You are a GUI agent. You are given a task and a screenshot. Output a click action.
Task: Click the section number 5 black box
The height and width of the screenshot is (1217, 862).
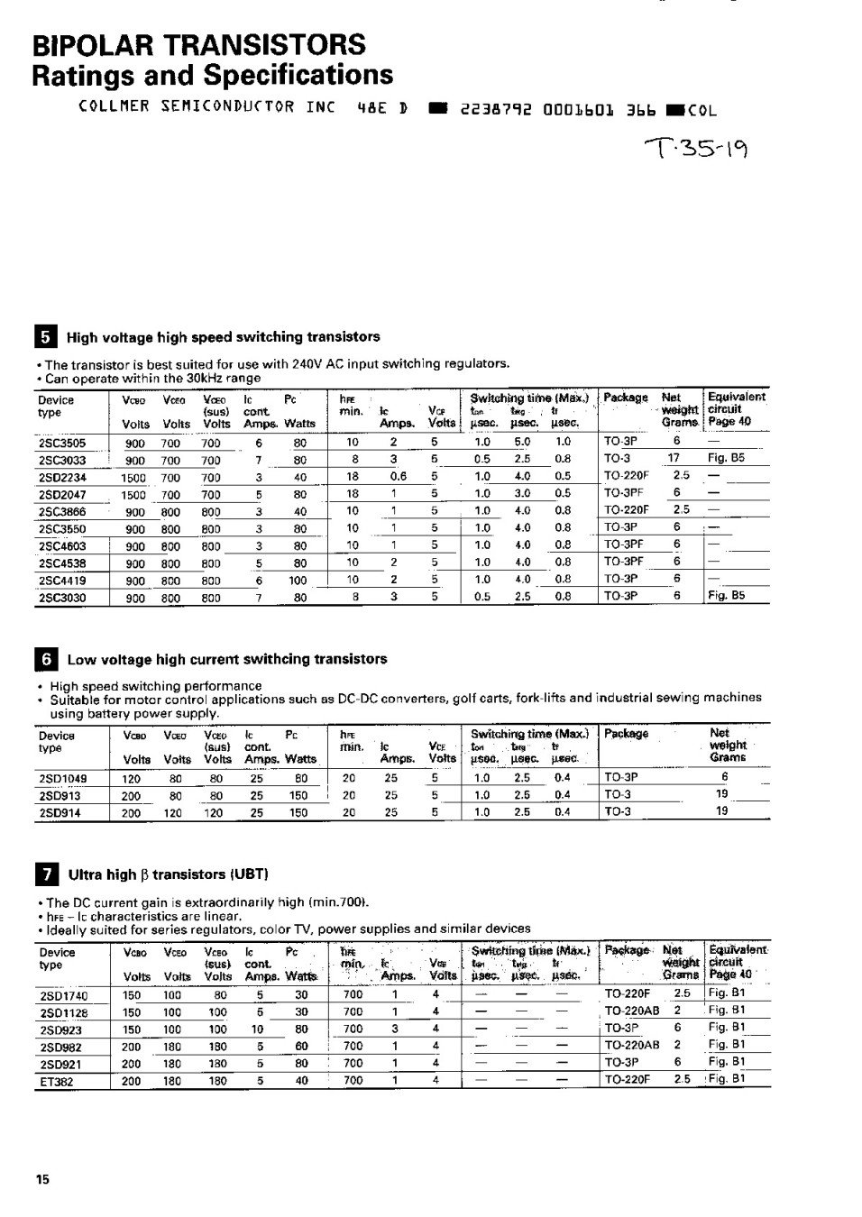coord(47,338)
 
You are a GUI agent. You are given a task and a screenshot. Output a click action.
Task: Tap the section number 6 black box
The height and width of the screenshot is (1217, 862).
coord(47,660)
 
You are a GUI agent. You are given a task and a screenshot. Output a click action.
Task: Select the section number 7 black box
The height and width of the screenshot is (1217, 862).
coord(47,874)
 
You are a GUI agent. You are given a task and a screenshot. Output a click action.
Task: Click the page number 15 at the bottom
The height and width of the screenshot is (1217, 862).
coord(42,1180)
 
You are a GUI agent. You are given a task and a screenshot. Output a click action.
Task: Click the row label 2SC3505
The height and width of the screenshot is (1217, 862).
coord(61,443)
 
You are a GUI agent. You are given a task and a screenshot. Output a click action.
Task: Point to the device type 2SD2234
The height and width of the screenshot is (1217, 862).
coord(62,478)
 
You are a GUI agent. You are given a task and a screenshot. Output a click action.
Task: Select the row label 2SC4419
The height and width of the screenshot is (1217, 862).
coord(62,581)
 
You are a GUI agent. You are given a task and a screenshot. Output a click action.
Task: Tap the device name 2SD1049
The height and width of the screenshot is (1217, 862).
coord(62,778)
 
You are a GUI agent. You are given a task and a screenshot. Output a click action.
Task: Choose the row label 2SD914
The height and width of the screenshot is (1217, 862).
coord(60,812)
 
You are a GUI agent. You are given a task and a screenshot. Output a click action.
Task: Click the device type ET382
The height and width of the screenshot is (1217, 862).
coord(56,1081)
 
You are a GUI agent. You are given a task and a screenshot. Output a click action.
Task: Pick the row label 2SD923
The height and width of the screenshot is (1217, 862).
coord(60,1029)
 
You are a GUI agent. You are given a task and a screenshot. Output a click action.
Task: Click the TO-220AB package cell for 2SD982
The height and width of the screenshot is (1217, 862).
coord(631,1046)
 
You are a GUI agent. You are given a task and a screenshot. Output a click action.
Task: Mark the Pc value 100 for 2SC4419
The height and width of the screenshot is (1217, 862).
coord(298,581)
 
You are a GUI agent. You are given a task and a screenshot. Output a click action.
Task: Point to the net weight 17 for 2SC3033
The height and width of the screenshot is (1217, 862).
coord(674,459)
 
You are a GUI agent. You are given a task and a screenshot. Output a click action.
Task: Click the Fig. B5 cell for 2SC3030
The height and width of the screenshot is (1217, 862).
coord(726,597)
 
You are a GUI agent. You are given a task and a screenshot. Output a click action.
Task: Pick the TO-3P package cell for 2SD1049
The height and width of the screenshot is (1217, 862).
coord(620,778)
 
